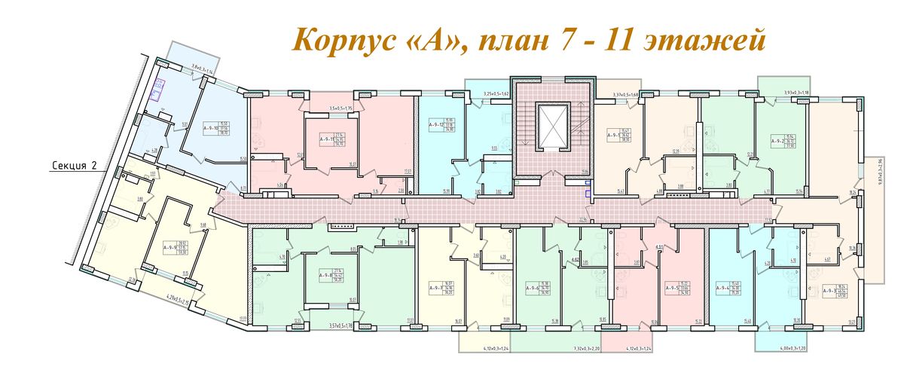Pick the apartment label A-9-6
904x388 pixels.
534,287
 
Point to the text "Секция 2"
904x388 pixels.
76,167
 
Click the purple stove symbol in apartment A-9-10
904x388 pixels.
159,88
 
